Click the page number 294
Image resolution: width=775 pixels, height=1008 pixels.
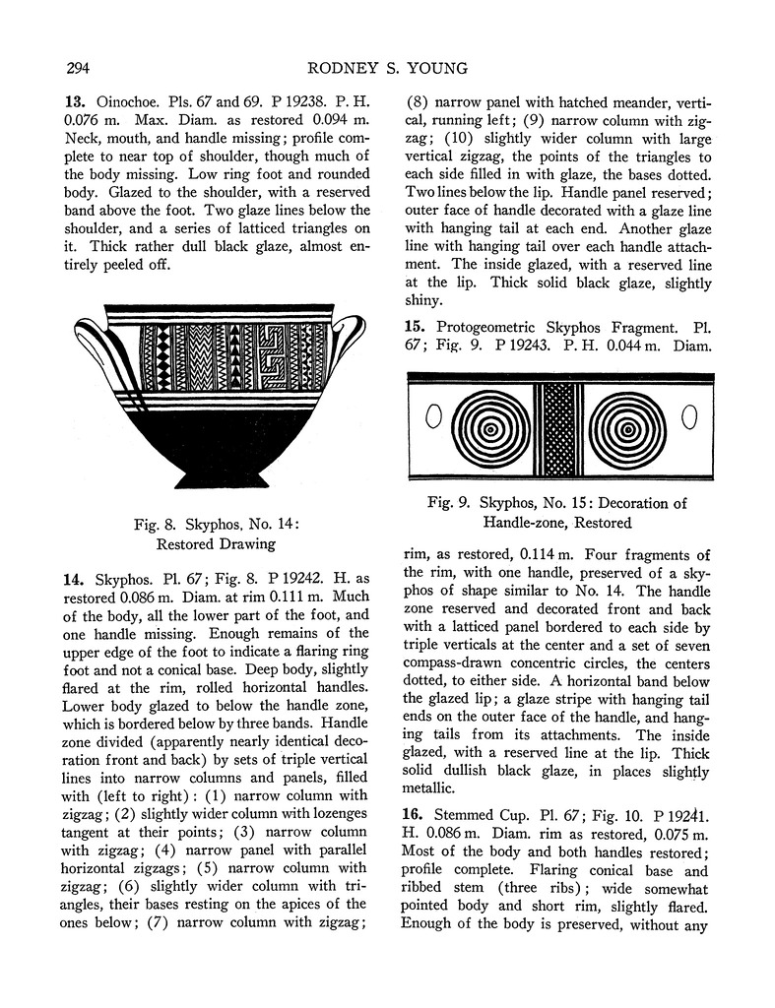tap(80, 68)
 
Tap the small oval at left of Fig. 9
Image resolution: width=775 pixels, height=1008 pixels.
tap(430, 418)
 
